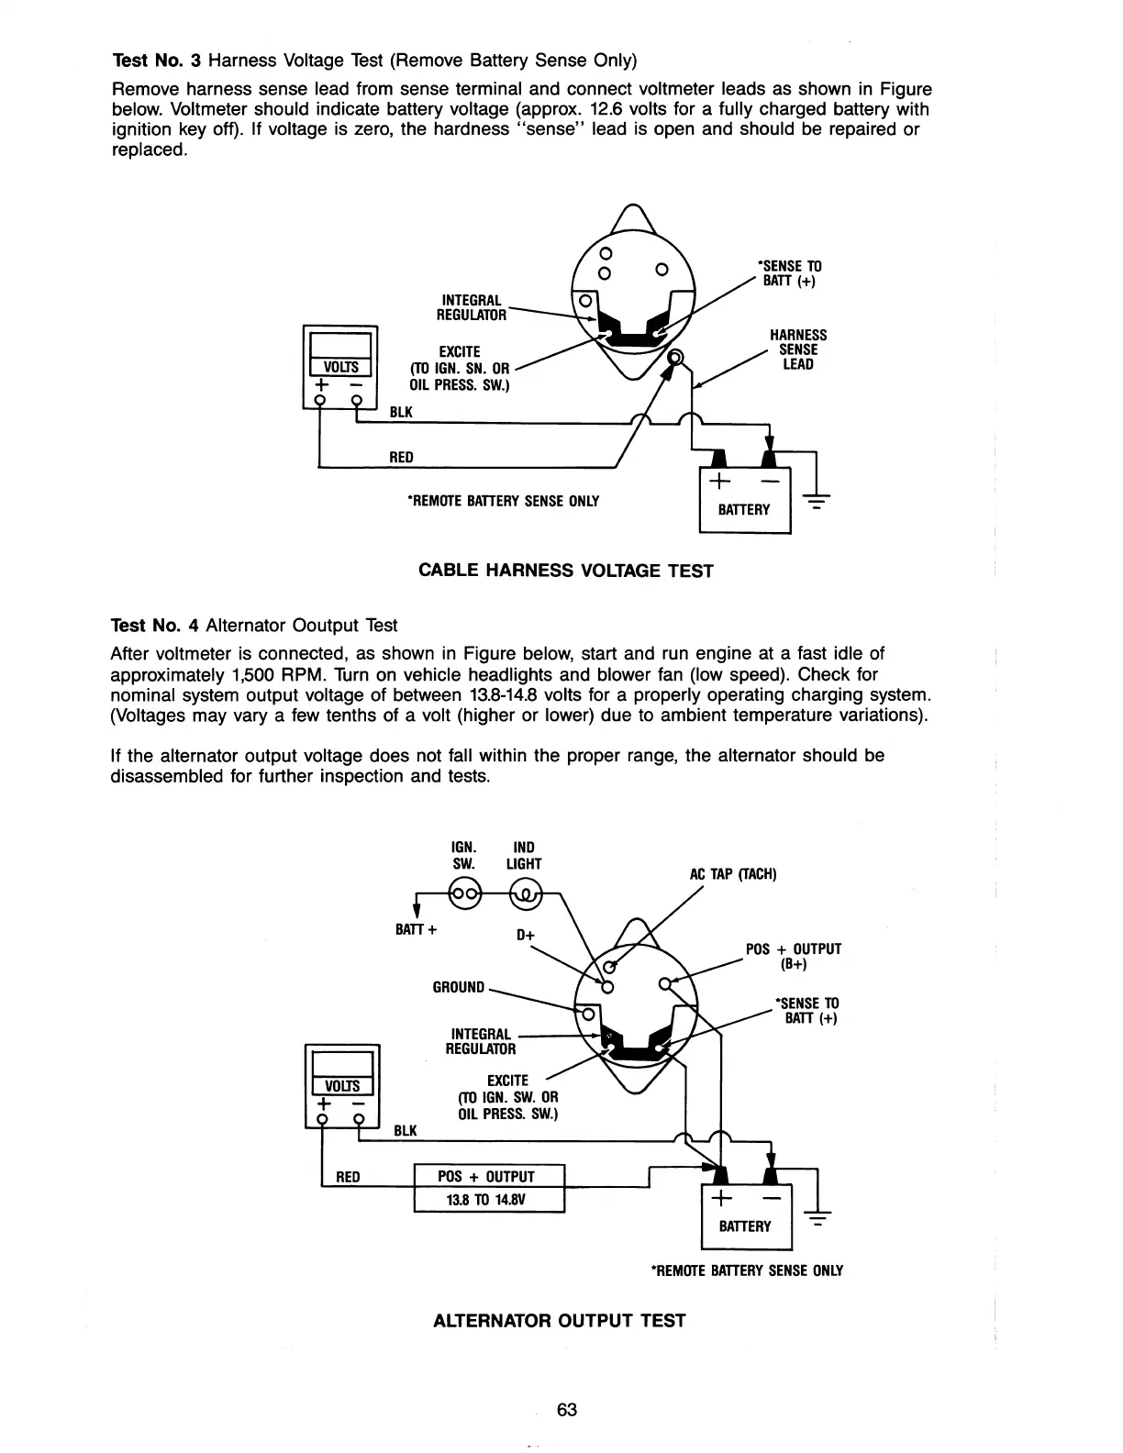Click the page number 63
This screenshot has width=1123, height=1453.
(x=566, y=1410)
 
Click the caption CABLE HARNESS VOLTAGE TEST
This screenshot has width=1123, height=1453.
(x=565, y=571)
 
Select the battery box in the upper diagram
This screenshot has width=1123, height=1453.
(x=744, y=502)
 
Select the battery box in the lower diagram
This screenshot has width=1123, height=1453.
(x=745, y=1219)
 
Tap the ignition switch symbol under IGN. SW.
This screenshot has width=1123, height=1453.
(x=463, y=893)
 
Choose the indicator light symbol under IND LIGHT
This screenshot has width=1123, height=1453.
(x=526, y=893)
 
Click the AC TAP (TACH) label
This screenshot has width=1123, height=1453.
(x=733, y=874)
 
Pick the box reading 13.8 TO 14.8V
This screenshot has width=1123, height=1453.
(x=489, y=1200)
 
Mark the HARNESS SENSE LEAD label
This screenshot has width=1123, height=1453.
(x=797, y=349)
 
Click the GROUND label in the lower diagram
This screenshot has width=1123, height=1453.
(x=458, y=987)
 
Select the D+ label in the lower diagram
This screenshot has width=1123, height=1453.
(x=526, y=936)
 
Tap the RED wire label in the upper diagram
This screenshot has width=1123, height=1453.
(x=401, y=457)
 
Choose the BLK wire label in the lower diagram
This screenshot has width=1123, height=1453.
(x=405, y=1130)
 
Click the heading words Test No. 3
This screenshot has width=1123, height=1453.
(x=156, y=61)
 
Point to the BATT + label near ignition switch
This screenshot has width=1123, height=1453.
(x=416, y=929)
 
